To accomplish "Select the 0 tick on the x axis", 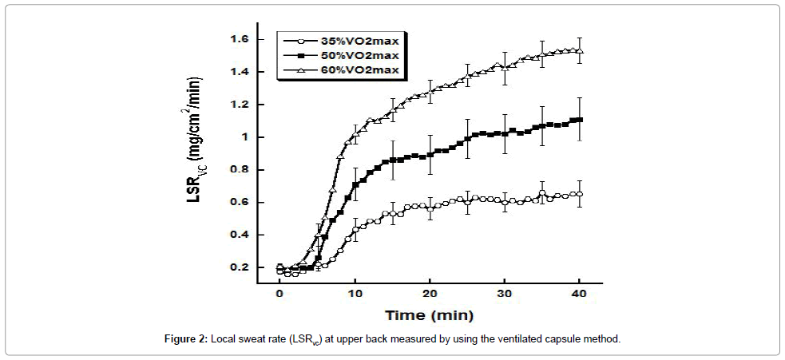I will pos(280,295).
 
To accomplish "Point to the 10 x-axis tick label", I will pos(355,295).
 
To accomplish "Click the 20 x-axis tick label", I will pos(430,295).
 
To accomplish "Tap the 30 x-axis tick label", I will pos(505,295).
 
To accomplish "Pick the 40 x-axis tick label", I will pos(580,295).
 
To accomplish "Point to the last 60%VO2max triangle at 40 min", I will pos(580,51).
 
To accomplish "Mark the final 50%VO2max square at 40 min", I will pos(580,120).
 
